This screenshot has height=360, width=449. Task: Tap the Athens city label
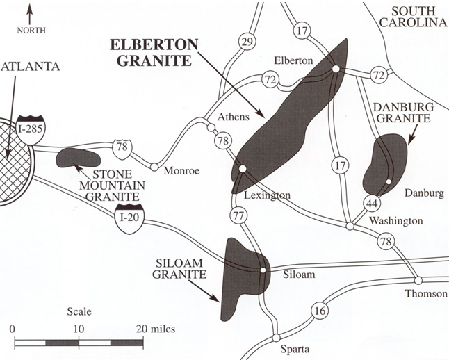234,117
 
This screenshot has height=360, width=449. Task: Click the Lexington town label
267,195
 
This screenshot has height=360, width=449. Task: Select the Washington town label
395,220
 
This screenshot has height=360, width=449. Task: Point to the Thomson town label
427,293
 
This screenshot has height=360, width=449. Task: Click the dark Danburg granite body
384,163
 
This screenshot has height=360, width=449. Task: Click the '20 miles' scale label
156,328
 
